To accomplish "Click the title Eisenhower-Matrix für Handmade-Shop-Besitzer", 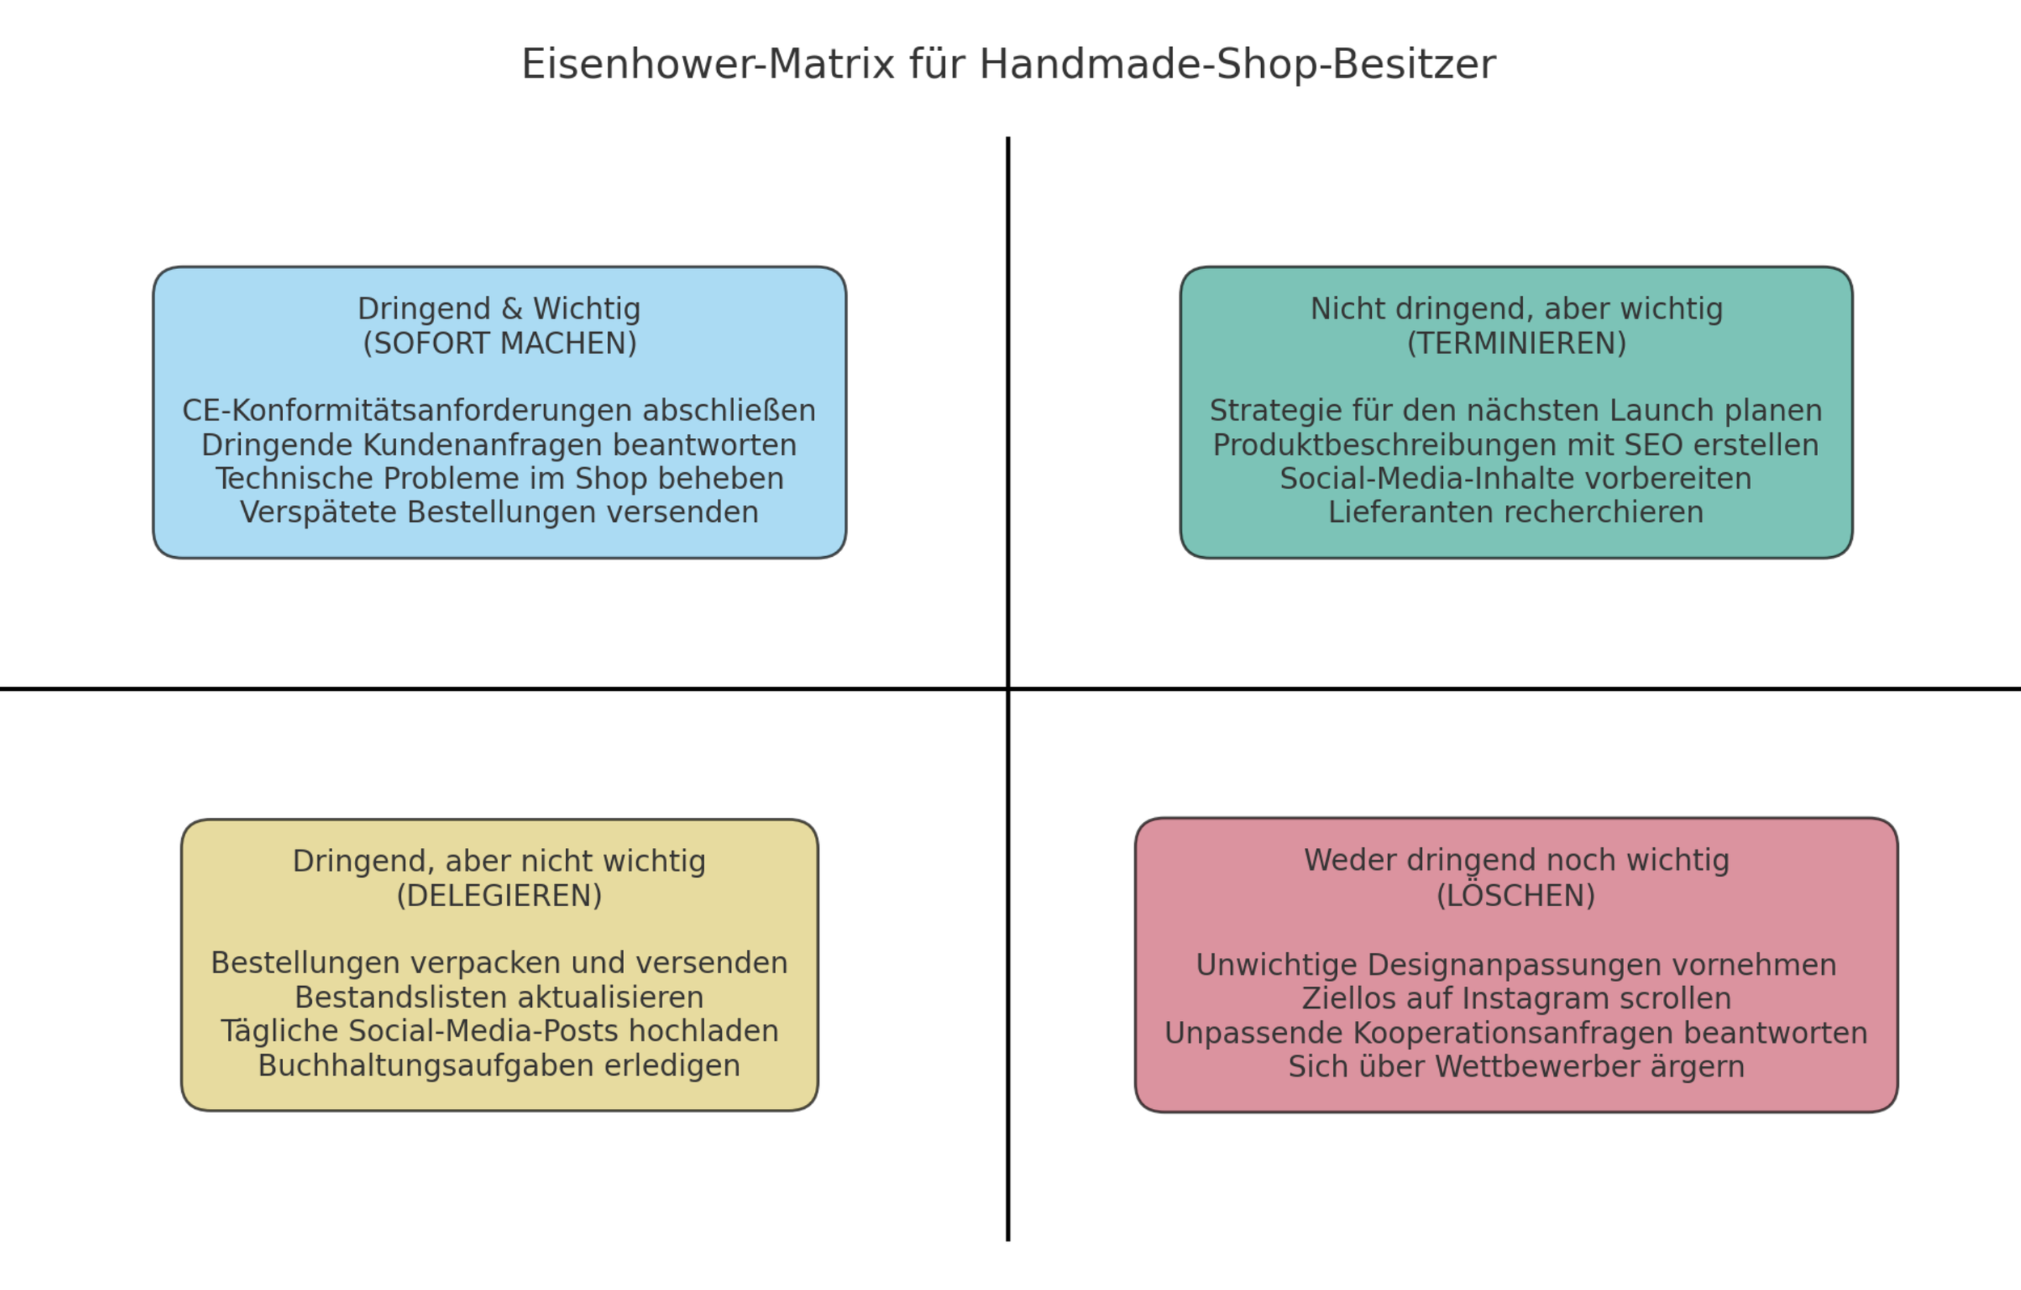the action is tap(1008, 65).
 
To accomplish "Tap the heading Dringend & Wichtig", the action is tap(499, 309).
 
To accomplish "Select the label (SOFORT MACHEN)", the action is tap(500, 344).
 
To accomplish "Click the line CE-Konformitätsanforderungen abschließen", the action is tap(499, 411).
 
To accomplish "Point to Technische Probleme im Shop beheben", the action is tap(500, 478).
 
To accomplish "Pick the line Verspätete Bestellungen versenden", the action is tap(500, 512).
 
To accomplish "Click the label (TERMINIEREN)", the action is tap(1516, 344).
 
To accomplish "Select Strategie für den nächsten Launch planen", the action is tap(1516, 411).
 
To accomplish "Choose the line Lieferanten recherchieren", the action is tap(1516, 512).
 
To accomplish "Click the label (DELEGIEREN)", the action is tap(500, 896).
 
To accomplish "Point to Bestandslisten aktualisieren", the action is tap(500, 997).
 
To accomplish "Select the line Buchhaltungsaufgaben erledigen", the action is tap(500, 1065).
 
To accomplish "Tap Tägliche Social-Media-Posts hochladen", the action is tap(500, 1031).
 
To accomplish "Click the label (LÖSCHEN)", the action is tap(1516, 896).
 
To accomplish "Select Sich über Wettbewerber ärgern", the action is tap(1516, 1067).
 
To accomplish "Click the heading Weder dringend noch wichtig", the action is tap(1516, 860).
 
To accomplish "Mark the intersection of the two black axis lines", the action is tap(1008, 689).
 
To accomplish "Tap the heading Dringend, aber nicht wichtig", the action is tap(500, 861).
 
